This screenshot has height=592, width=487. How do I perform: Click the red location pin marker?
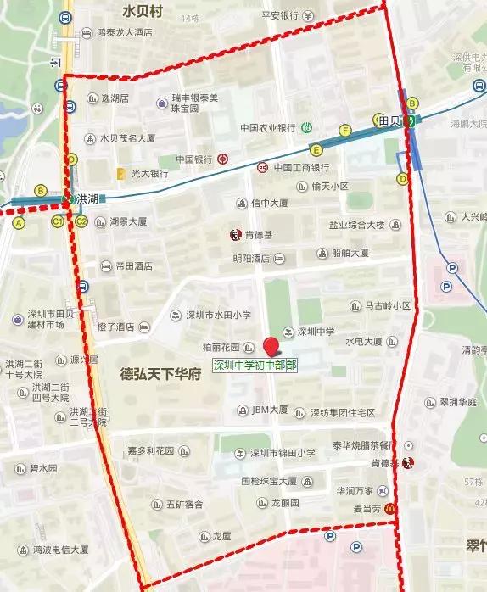(271, 346)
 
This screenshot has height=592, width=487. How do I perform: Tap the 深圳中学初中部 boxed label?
(255, 366)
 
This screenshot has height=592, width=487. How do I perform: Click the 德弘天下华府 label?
(160, 373)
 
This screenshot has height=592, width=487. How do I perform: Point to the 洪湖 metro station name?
(88, 198)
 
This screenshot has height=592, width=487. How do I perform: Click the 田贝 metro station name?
(389, 120)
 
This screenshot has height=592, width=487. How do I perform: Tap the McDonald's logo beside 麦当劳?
(389, 508)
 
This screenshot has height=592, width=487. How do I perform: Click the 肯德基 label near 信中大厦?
(257, 234)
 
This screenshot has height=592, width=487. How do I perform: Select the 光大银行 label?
(148, 173)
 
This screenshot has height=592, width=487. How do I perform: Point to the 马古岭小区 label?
(388, 305)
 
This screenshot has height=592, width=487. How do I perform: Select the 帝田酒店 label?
(133, 266)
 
